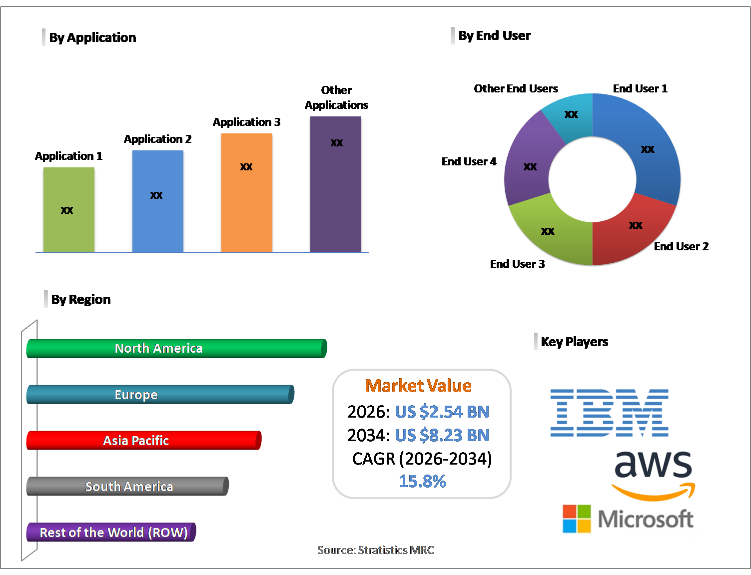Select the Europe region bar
(x=160, y=395)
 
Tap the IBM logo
(x=609, y=413)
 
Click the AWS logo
(x=653, y=475)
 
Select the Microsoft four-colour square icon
(x=577, y=519)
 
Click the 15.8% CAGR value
(x=422, y=481)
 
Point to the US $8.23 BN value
(x=442, y=435)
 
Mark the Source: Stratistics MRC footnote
(x=376, y=550)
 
